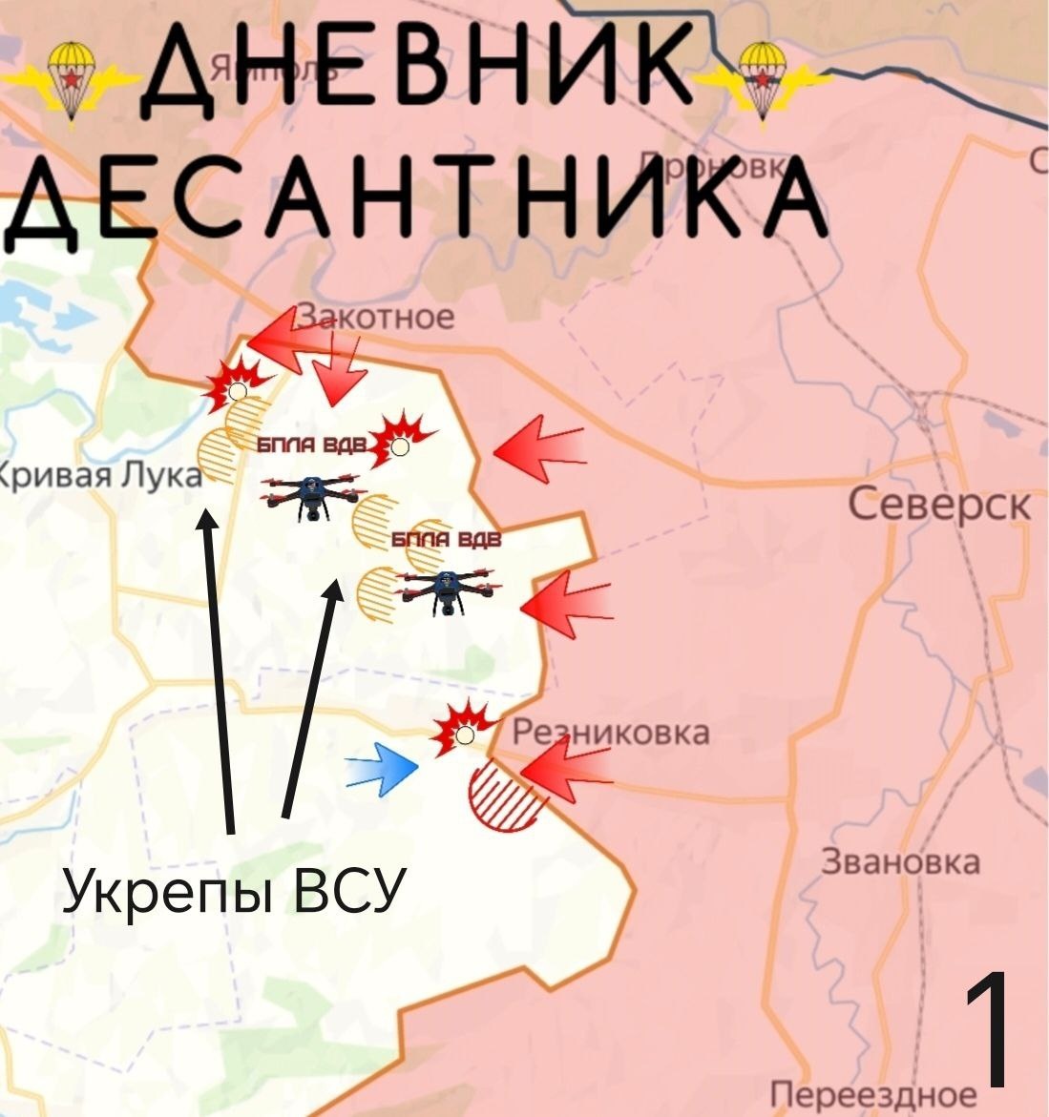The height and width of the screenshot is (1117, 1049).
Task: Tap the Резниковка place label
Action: (x=611, y=733)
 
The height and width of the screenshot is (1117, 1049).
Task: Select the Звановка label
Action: (x=900, y=862)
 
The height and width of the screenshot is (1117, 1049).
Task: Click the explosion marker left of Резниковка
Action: (x=464, y=730)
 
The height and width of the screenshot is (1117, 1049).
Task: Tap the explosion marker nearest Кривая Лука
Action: (x=235, y=385)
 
